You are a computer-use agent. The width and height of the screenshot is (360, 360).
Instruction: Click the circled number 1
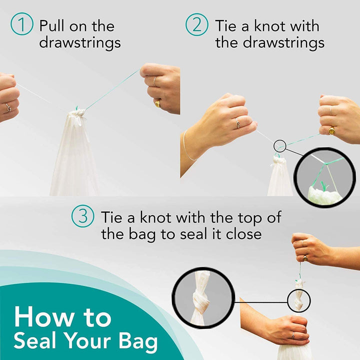tap(21, 24)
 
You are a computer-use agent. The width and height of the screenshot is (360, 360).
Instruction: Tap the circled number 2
tap(197, 24)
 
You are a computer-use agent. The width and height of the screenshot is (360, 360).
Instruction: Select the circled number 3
tap(82, 216)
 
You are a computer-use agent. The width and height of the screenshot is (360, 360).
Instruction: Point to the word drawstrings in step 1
tap(80, 42)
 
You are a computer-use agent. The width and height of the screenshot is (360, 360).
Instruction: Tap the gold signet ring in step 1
tap(157, 104)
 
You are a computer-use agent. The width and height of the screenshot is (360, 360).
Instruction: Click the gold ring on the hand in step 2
tap(331, 130)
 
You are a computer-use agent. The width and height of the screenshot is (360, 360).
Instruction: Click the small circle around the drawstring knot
tap(280, 146)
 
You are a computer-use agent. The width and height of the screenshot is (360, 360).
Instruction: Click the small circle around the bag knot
tap(298, 300)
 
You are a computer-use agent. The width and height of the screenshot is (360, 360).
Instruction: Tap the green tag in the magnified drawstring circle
tap(323, 185)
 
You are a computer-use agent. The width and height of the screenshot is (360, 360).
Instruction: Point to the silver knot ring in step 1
tap(8, 107)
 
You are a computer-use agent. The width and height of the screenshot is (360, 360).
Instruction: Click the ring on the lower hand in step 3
tap(293, 335)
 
